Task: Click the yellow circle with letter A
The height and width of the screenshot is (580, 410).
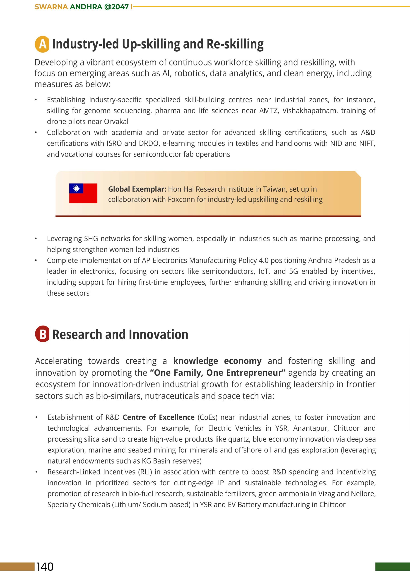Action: click(42, 44)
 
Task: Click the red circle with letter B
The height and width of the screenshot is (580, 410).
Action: click(42, 334)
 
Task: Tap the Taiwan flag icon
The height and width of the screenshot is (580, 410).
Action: click(83, 193)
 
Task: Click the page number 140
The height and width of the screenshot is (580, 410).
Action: click(45, 567)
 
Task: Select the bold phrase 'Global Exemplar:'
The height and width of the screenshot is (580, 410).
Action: click(137, 189)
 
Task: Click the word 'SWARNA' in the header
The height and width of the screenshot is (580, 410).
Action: click(51, 7)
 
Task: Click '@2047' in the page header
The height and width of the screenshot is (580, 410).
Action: click(116, 7)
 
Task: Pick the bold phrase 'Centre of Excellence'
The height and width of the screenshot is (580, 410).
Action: click(158, 417)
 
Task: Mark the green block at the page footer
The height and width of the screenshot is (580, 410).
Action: click(392, 566)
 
